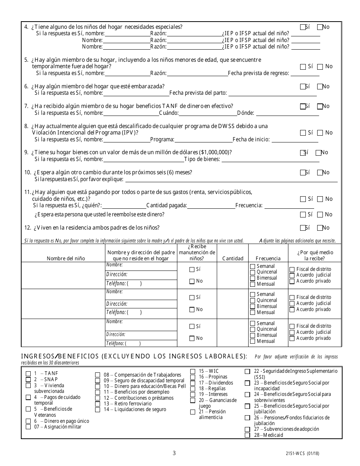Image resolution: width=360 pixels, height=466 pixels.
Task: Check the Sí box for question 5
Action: pos(303,67)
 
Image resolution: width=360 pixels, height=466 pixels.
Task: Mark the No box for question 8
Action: pos(320,133)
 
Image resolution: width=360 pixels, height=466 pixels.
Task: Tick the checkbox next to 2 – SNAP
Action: pos(28,379)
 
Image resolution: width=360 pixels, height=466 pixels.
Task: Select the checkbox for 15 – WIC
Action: pos(193,371)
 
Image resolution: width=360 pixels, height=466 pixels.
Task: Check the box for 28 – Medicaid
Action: pos(247,435)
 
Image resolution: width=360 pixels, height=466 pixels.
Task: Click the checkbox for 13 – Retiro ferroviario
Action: pos(97,404)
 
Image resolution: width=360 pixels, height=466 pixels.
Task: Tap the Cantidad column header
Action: pos(233,258)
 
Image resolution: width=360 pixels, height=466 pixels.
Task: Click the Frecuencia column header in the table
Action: pos(268,258)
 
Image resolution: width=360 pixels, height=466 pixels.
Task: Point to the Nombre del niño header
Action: pos(66,258)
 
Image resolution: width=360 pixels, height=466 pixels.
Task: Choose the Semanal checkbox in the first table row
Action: pos(253,266)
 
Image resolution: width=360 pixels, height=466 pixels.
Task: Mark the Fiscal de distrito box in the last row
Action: pos(292,326)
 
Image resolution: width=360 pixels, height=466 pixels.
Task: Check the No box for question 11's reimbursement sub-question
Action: pos(320,215)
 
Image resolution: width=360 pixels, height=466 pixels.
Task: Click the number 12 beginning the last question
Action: pos(27,228)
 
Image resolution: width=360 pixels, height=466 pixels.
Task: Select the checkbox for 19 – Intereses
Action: pos(193,394)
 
